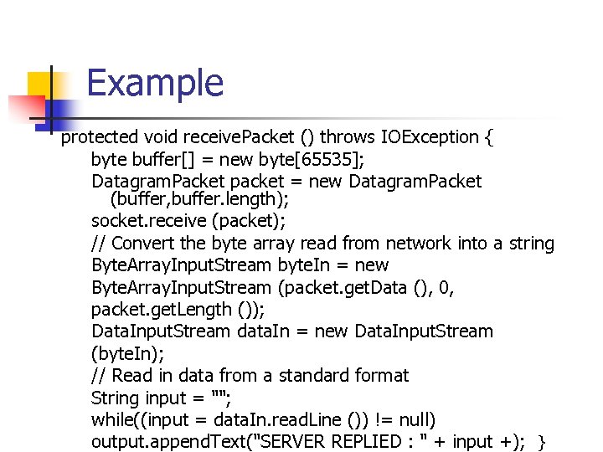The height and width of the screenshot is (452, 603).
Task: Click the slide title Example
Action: pos(155,84)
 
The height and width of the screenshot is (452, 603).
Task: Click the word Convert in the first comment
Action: pos(143,244)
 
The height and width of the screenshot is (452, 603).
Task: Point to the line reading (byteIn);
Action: pos(126,353)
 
